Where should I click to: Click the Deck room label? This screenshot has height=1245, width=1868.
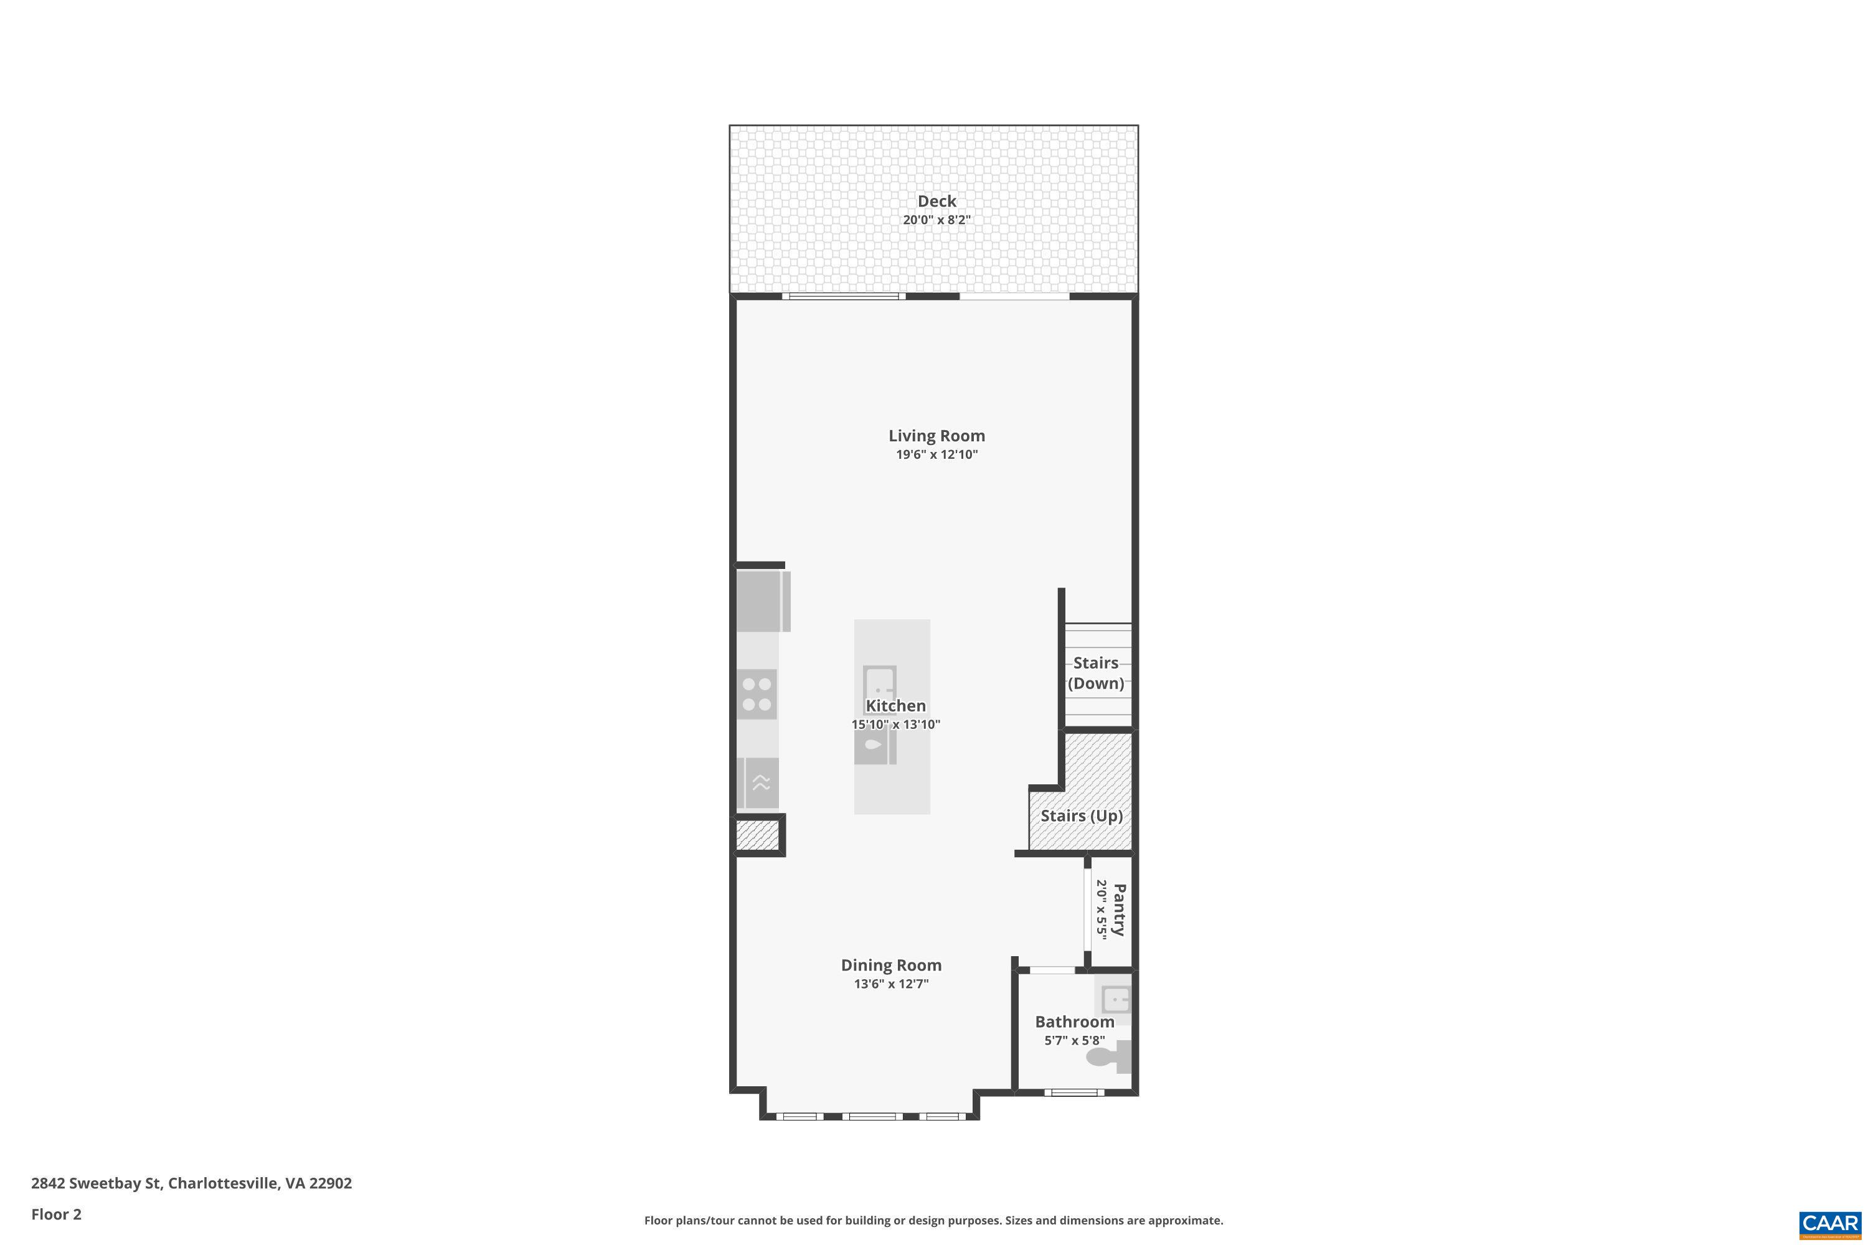pyautogui.click(x=936, y=202)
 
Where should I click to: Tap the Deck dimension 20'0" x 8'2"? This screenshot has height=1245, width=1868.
pyautogui.click(x=936, y=220)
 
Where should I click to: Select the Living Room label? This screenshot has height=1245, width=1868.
pyautogui.click(x=936, y=436)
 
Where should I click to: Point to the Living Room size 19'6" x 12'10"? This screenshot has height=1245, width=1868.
pyautogui.click(x=936, y=455)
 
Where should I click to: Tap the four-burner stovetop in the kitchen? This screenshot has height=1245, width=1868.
pyautogui.click(x=757, y=694)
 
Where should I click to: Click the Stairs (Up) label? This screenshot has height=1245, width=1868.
pyautogui.click(x=1082, y=816)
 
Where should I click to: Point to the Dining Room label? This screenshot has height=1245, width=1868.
pyautogui.click(x=891, y=965)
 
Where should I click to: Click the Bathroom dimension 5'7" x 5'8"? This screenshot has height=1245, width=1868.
pyautogui.click(x=1075, y=1041)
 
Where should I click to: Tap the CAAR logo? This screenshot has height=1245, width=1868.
pyautogui.click(x=1830, y=1224)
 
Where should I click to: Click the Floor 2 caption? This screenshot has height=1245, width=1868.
pyautogui.click(x=57, y=1214)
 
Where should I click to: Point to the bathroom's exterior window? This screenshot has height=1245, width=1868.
pyautogui.click(x=1073, y=1092)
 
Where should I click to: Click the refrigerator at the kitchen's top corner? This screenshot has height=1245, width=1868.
pyautogui.click(x=762, y=601)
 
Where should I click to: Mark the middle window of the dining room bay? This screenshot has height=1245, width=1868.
pyautogui.click(x=872, y=1116)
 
